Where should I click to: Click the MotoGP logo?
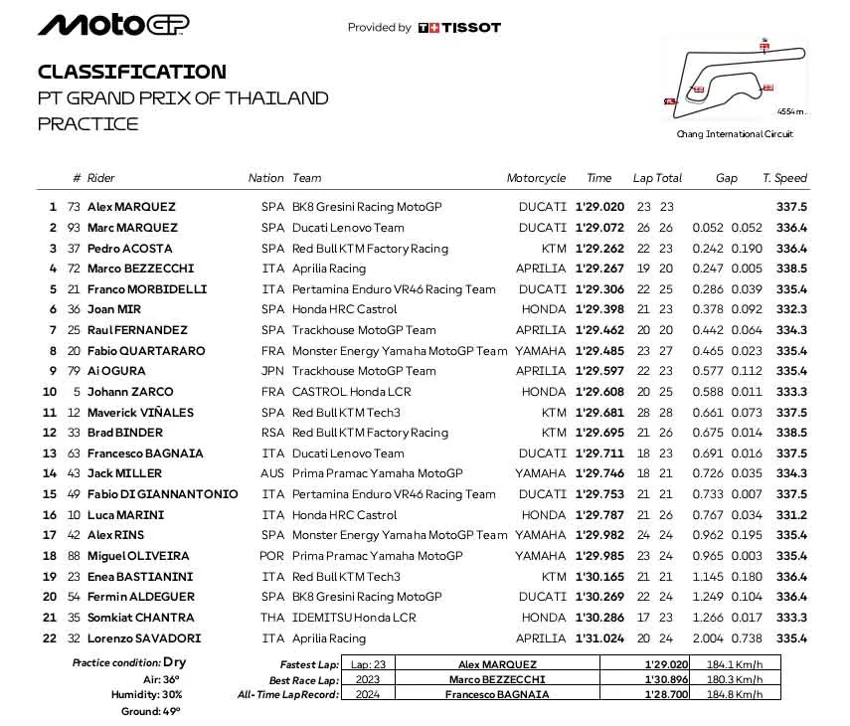click(113, 25)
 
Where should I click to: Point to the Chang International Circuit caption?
click(735, 134)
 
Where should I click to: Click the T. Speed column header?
click(784, 178)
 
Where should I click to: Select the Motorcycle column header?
click(536, 178)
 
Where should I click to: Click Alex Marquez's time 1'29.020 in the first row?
click(599, 207)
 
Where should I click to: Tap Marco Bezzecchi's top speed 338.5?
click(791, 269)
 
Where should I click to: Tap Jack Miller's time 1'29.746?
click(599, 473)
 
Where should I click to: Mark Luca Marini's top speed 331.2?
click(791, 514)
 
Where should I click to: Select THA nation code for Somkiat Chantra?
click(270, 618)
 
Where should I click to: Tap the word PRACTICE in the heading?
click(88, 124)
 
